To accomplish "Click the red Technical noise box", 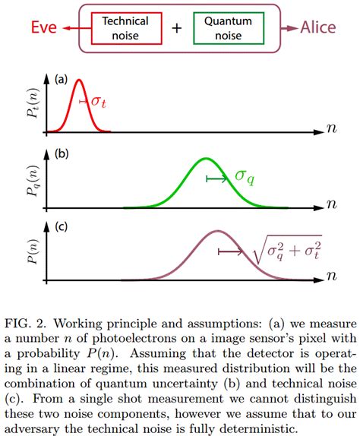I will click(x=121, y=28).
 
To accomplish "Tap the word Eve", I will click(x=43, y=29).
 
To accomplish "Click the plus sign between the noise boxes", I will click(x=176, y=29).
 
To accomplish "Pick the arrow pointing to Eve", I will click(x=73, y=29).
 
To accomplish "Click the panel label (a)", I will click(x=61, y=78).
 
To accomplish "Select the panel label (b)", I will click(x=61, y=153).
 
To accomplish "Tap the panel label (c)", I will click(x=61, y=226).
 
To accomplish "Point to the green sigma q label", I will click(x=244, y=176).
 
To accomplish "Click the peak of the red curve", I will click(x=79, y=81).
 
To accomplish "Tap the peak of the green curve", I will click(x=205, y=159).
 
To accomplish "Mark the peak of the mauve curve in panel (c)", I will click(x=218, y=231).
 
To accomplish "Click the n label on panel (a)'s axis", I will click(x=331, y=129).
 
